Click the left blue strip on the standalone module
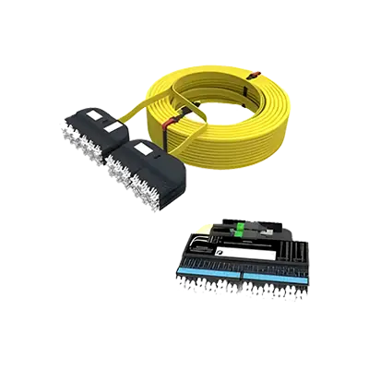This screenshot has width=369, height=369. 213,273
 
